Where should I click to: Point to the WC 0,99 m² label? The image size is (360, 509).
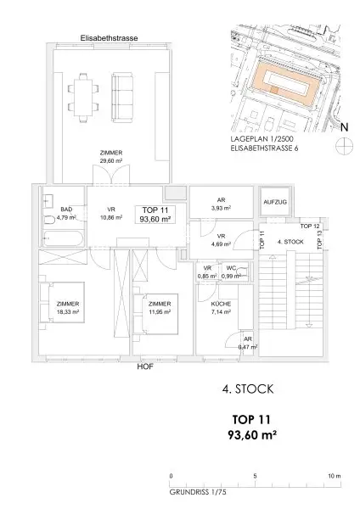tap(232, 274)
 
